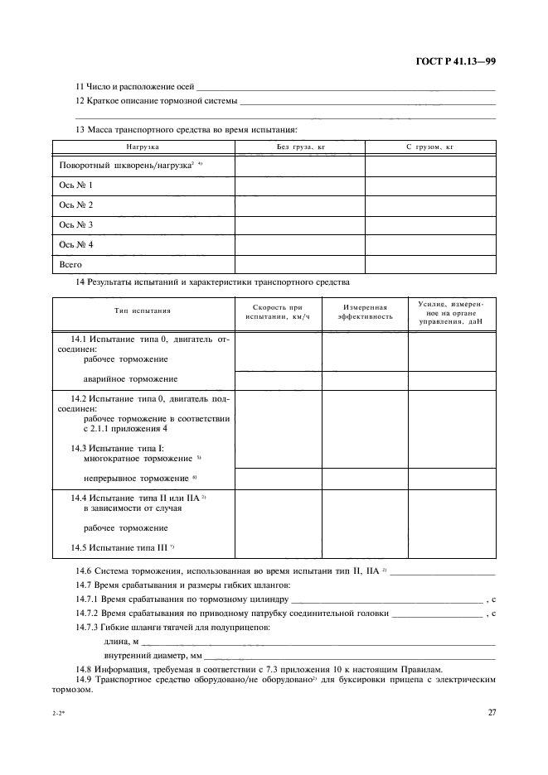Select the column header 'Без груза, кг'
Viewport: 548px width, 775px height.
(300, 147)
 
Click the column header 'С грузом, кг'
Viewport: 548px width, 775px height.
(430, 147)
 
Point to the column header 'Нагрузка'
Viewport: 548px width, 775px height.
(143, 147)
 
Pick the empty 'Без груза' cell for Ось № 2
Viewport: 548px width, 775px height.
(300, 205)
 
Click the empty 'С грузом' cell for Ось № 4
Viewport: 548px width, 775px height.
(430, 245)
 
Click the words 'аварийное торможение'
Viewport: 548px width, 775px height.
(131, 379)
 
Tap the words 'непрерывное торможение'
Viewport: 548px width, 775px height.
(137, 479)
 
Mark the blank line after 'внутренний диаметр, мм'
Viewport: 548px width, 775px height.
(348, 655)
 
